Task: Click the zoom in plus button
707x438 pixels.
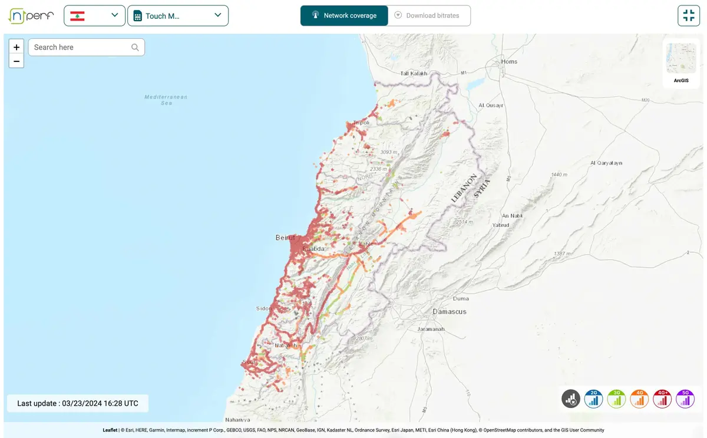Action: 16,47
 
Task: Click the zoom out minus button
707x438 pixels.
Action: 16,61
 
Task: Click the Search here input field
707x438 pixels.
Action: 81,47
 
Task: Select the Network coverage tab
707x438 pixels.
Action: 344,16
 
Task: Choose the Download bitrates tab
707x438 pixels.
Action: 429,16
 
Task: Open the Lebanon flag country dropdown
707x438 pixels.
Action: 94,16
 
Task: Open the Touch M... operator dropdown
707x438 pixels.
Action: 177,16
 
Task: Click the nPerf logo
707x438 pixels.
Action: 31,16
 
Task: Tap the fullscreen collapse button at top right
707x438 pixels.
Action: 688,16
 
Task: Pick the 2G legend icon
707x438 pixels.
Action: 593,399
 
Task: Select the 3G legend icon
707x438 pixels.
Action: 616,399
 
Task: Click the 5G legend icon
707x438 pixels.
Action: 685,399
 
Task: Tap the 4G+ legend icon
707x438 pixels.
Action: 662,399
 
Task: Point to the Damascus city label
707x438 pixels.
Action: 450,311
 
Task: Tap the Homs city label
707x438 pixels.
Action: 509,61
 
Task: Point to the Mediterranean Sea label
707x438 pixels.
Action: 166,100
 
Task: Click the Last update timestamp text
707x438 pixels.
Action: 78,403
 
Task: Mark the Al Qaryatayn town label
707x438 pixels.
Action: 606,163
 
